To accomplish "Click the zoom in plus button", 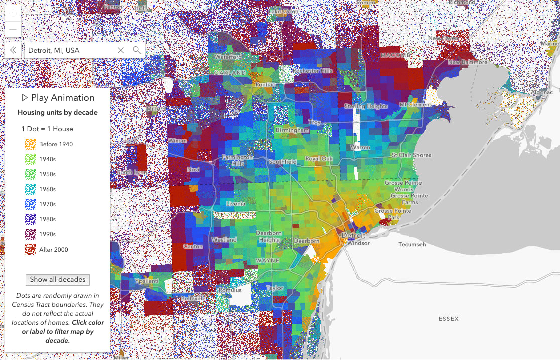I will [13, 13].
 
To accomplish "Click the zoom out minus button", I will [13, 30].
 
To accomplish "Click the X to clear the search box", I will [121, 50].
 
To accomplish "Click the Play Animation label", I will [58, 98].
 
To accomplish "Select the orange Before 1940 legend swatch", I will [30, 144].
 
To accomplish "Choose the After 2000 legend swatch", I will [30, 250].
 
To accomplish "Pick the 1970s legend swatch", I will [30, 204].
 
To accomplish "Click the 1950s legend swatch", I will [30, 174].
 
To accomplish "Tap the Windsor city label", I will [358, 243].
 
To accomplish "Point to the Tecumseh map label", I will [412, 244].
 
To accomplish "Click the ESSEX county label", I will [448, 319].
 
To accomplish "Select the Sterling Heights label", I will [366, 106].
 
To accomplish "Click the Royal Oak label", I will [319, 159].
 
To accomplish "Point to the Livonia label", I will [235, 204].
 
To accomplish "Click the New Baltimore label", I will [468, 62].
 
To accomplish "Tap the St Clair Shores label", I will [411, 155].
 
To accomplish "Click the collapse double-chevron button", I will [14, 50].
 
